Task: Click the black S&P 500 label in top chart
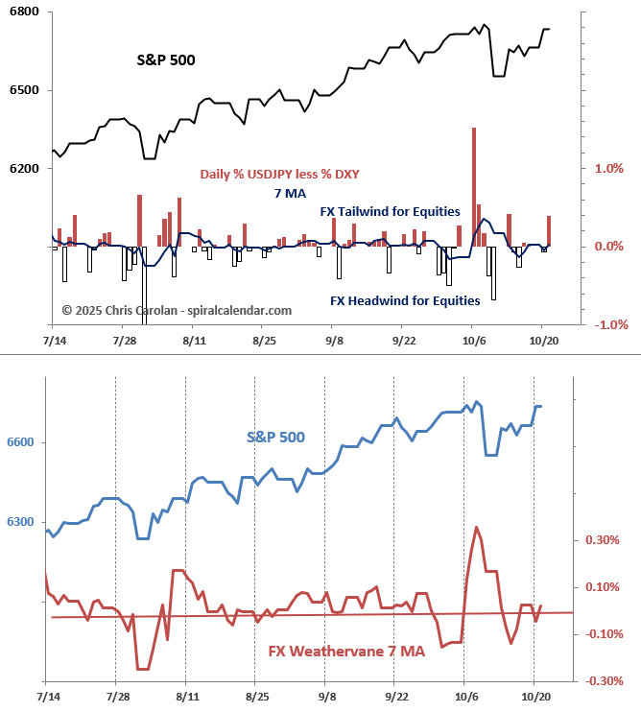click(x=165, y=59)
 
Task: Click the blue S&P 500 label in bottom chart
click(x=275, y=437)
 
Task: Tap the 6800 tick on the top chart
click(x=24, y=12)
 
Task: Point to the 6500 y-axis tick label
click(x=24, y=90)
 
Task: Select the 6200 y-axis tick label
click(x=24, y=169)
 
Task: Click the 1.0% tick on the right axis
click(x=609, y=169)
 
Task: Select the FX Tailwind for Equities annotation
click(x=390, y=211)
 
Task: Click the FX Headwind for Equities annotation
click(x=405, y=300)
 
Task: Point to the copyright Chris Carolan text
click(x=177, y=310)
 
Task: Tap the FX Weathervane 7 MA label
click(x=346, y=652)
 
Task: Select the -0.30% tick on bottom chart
click(x=604, y=680)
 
